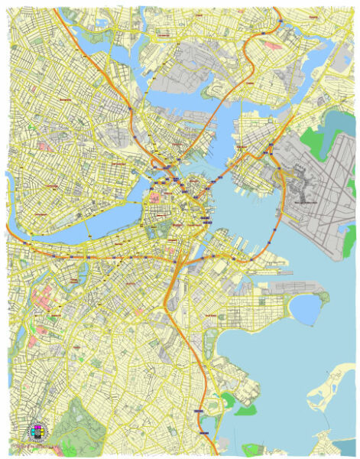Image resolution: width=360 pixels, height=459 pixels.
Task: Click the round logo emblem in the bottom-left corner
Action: point(37,431)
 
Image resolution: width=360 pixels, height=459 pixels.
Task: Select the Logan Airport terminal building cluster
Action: point(305,194)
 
